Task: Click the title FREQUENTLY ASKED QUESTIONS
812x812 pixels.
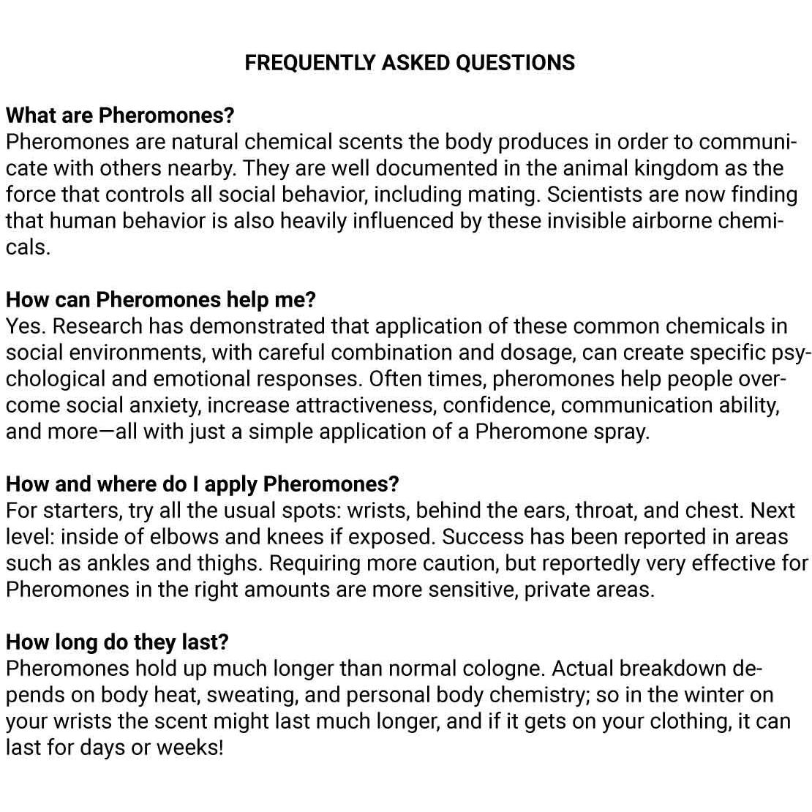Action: (410, 63)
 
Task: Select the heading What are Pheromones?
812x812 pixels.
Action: (120, 116)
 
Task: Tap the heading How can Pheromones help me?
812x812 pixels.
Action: (160, 300)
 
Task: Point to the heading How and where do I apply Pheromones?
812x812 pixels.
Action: (203, 484)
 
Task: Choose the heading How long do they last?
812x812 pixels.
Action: (117, 642)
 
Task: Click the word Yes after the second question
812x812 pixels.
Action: (24, 326)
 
